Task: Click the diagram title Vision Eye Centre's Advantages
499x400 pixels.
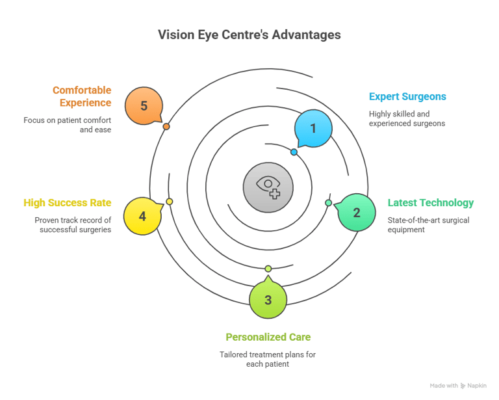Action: pos(249,34)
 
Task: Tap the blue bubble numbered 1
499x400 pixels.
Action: pos(313,128)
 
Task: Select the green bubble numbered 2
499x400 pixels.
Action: pos(356,213)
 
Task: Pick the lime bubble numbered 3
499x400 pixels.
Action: pos(268,300)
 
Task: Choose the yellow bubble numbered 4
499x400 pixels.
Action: pos(142,216)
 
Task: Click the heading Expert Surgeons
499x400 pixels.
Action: pos(407,97)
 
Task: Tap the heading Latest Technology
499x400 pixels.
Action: pos(431,203)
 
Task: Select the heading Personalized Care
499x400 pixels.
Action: pos(268,337)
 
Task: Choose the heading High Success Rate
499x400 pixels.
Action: pos(67,203)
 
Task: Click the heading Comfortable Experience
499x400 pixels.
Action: pos(82,96)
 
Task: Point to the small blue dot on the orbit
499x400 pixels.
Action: pos(294,152)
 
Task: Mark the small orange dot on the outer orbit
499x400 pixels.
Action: pos(166,126)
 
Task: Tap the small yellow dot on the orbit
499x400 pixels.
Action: pos(170,202)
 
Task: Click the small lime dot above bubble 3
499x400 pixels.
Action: pos(268,269)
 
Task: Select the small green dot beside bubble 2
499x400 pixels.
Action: pos(328,203)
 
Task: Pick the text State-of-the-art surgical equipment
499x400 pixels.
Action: pos(428,225)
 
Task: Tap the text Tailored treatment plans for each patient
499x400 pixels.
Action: pos(268,359)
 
